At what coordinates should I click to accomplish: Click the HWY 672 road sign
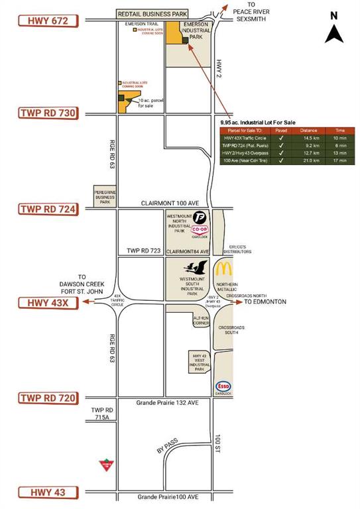48,21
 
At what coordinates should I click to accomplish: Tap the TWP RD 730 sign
48,113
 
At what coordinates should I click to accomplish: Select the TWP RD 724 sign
48,209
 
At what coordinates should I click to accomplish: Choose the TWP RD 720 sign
48,398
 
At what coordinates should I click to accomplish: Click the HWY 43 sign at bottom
48,492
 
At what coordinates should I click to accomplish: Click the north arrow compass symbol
334,28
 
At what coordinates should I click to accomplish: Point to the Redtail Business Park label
152,13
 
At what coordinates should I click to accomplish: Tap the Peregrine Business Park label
104,196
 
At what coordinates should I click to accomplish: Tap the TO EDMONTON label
265,302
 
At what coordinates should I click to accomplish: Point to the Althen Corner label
200,320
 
